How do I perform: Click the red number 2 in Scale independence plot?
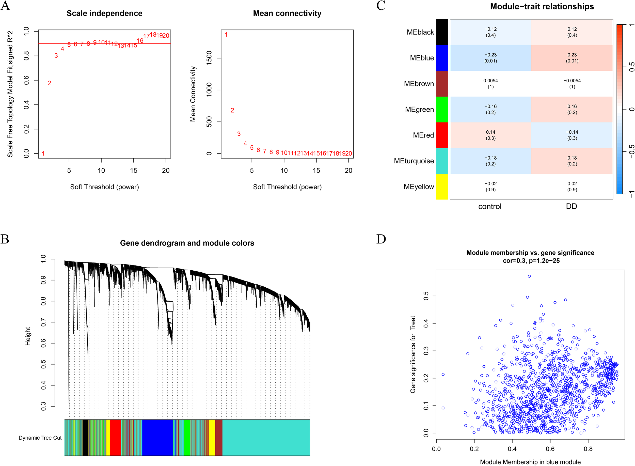pyautogui.click(x=50, y=83)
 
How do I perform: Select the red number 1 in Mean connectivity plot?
pyautogui.click(x=226, y=35)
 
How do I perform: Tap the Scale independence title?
pyautogui.click(x=104, y=13)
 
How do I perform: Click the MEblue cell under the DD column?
pyautogui.click(x=572, y=58)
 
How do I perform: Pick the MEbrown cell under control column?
pyautogui.click(x=490, y=84)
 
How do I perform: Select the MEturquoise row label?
pyautogui.click(x=414, y=161)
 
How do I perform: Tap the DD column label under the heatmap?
pyautogui.click(x=571, y=206)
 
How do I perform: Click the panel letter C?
pyautogui.click(x=381, y=6)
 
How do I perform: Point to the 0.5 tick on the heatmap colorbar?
pyautogui.click(x=632, y=67)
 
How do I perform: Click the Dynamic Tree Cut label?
pyautogui.click(x=40, y=438)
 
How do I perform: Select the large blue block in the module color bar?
pyautogui.click(x=157, y=437)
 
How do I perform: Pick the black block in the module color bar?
pyautogui.click(x=85, y=437)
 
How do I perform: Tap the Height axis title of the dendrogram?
pyautogui.click(x=28, y=336)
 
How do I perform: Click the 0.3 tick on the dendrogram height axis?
pyautogui.click(x=43, y=406)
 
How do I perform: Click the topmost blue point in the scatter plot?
pyautogui.click(x=529, y=276)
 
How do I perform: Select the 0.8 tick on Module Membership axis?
pyautogui.click(x=588, y=448)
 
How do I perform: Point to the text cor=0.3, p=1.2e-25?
pyautogui.click(x=531, y=260)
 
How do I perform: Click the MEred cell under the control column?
pyautogui.click(x=490, y=135)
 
